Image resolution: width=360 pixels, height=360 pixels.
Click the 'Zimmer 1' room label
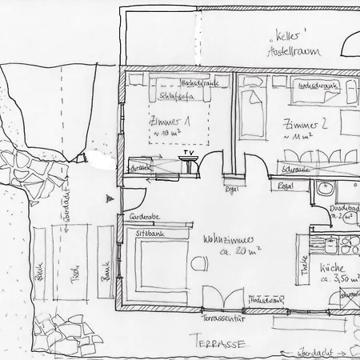[x=166, y=122]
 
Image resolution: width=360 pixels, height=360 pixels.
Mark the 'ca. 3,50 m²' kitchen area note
[x=336, y=281]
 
